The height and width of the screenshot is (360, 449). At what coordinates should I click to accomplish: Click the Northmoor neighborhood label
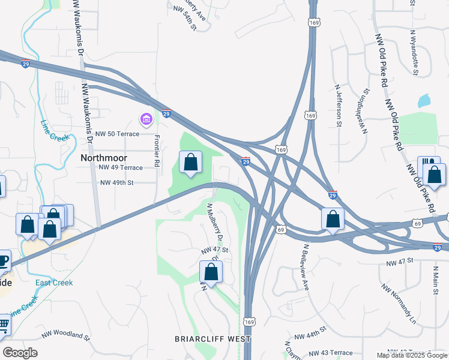[x=103, y=158]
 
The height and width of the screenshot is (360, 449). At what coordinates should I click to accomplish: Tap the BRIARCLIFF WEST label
[x=212, y=339]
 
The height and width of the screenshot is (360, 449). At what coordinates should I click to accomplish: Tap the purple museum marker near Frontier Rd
[x=145, y=120]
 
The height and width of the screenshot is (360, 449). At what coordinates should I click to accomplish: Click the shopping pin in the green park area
[x=190, y=162]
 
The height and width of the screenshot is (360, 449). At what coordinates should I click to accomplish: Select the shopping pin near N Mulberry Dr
[x=211, y=272]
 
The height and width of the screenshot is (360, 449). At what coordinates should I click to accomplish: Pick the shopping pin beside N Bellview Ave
[x=333, y=220]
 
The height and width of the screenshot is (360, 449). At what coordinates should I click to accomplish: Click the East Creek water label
[x=54, y=283]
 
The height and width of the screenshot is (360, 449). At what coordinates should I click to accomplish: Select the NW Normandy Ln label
[x=398, y=300]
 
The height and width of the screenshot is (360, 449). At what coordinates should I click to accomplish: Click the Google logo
[x=20, y=353]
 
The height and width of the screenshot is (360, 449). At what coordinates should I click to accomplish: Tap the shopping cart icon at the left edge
[x=4, y=325]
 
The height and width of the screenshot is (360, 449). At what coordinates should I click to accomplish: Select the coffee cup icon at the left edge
[x=3, y=260]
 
